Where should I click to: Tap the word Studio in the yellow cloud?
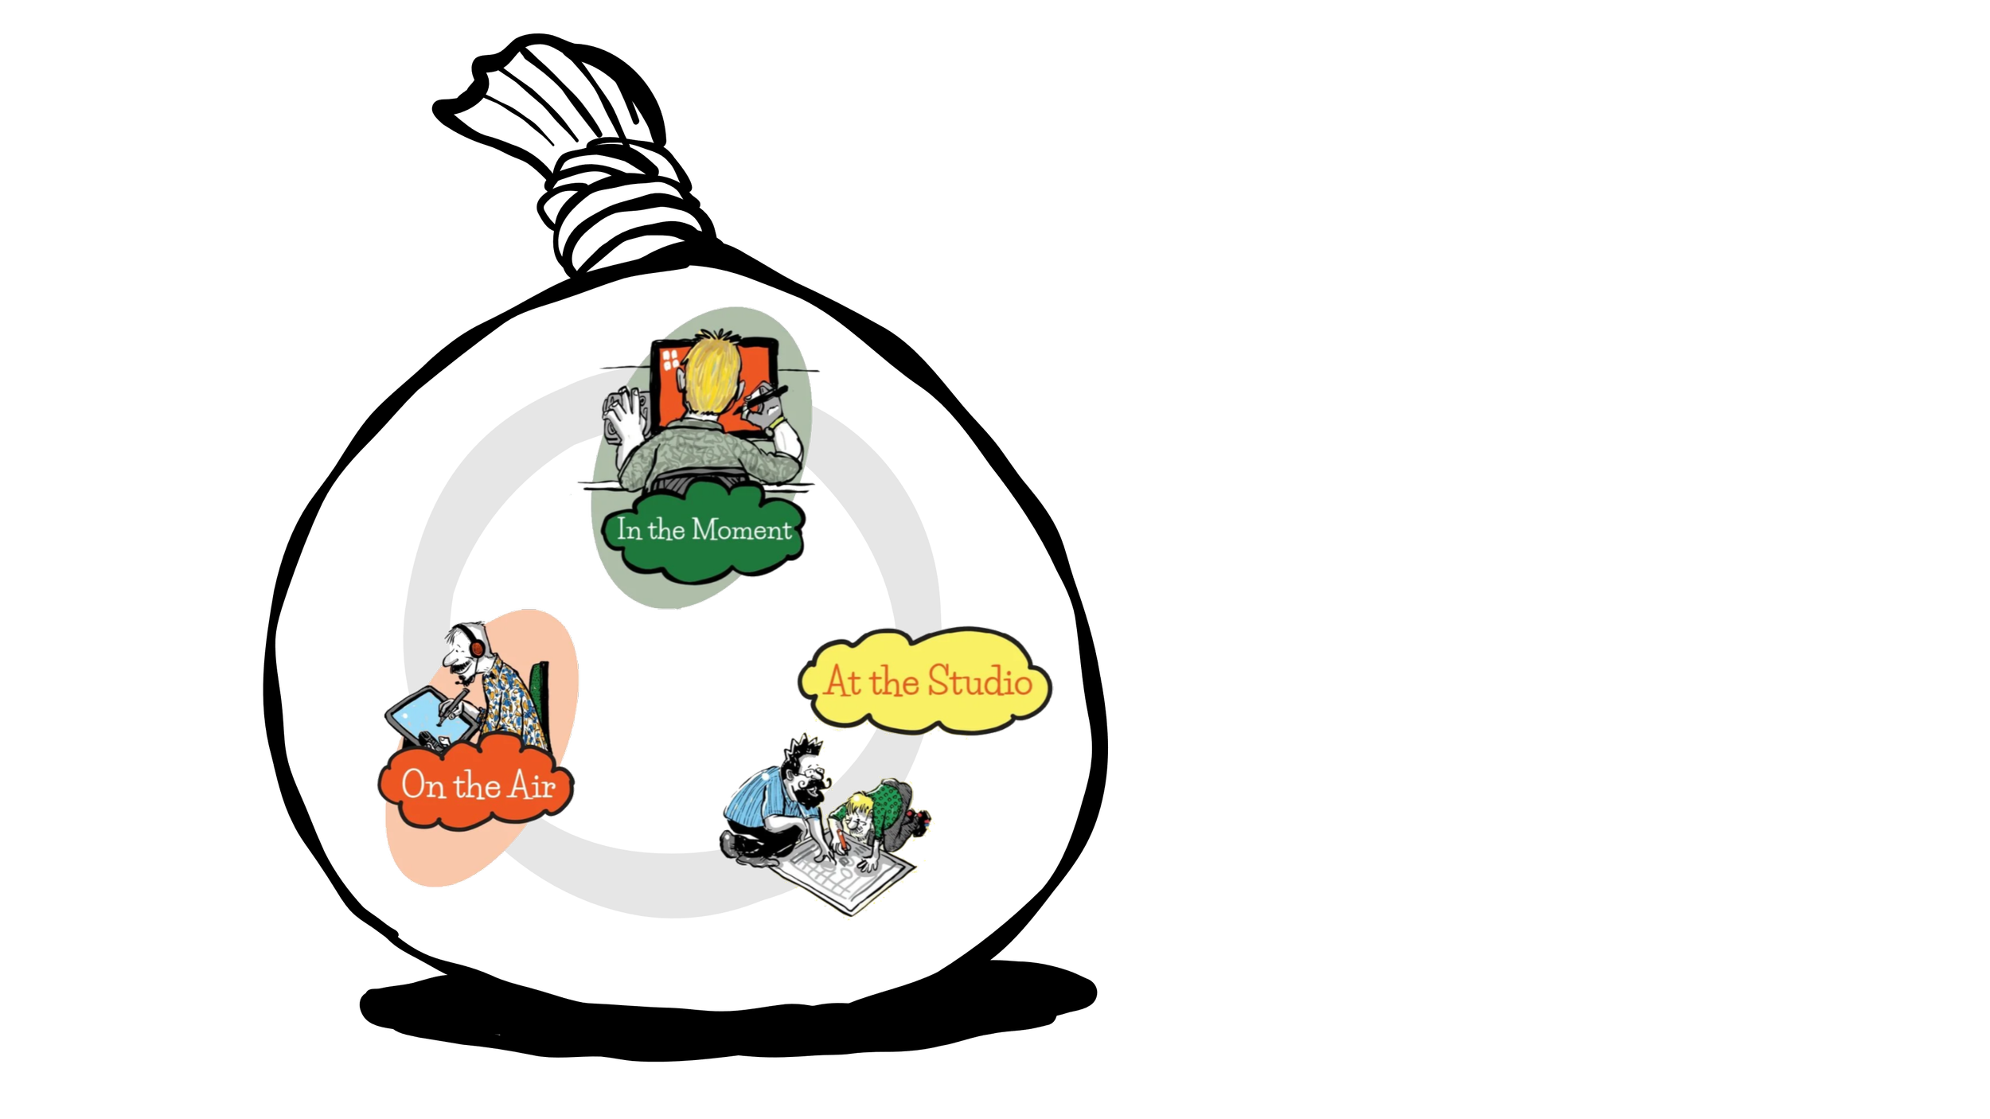(980, 682)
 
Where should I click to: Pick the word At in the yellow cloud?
(842, 682)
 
